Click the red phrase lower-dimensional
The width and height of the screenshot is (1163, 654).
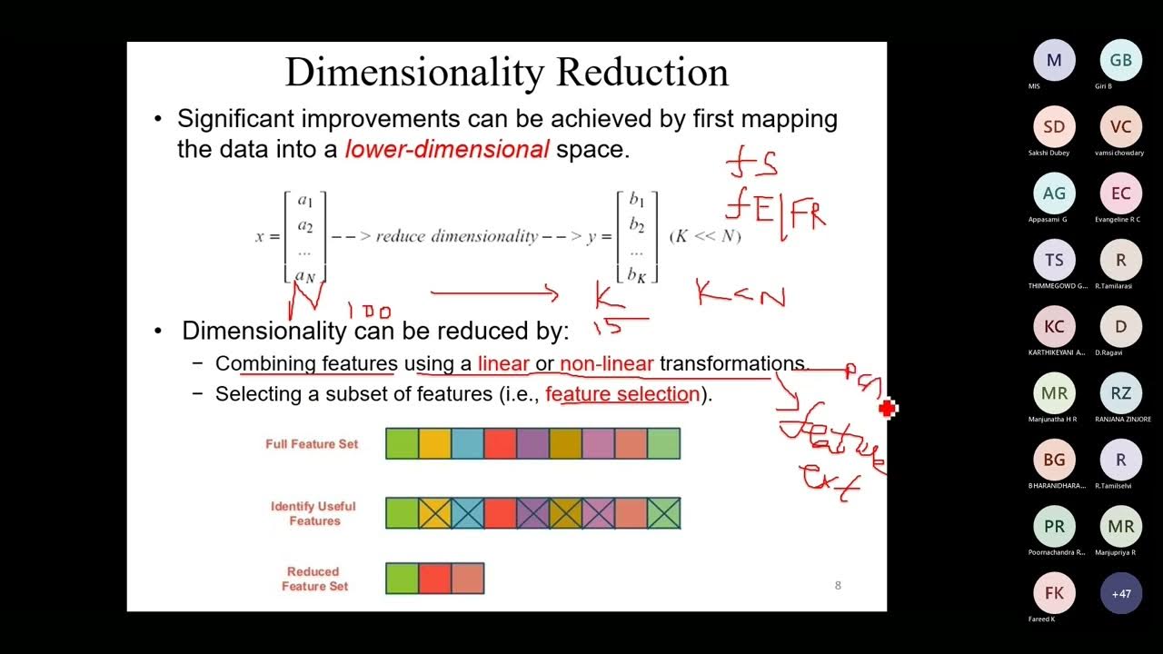(x=446, y=150)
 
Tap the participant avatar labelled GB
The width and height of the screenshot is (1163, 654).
(x=1120, y=61)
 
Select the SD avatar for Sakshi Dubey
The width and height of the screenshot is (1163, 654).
(x=1054, y=127)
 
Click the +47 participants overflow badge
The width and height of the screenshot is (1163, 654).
(x=1120, y=593)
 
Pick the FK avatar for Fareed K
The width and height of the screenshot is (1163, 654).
(x=1054, y=593)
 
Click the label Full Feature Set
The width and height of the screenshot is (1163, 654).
(x=312, y=444)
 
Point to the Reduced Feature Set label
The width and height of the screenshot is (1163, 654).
(x=313, y=579)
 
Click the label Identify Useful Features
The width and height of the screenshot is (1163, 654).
(x=313, y=513)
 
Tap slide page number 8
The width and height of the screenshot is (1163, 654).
(x=838, y=585)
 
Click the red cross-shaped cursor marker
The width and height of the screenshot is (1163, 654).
(x=888, y=410)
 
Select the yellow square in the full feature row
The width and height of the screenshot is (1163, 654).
(x=435, y=443)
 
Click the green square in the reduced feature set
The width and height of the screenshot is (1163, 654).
(x=403, y=579)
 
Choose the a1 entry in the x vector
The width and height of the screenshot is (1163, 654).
(x=305, y=202)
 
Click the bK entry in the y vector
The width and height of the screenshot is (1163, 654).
(x=637, y=273)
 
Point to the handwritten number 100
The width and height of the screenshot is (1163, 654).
(x=371, y=312)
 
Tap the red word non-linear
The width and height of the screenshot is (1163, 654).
(x=606, y=364)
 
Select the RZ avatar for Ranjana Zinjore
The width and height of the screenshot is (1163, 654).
(x=1120, y=393)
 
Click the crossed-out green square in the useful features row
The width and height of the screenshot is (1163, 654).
(x=664, y=513)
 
